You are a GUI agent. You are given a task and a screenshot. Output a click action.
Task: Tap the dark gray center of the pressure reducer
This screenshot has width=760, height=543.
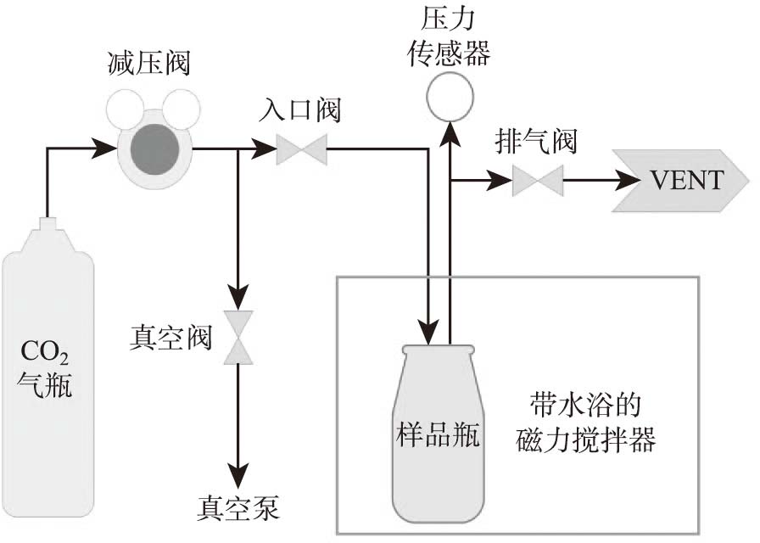[154, 150]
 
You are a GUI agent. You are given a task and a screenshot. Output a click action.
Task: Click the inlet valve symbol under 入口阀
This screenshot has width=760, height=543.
[301, 151]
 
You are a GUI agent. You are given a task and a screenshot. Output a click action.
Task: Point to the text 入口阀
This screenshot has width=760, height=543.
[302, 111]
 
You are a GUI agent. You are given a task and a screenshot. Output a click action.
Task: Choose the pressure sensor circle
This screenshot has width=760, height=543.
[450, 97]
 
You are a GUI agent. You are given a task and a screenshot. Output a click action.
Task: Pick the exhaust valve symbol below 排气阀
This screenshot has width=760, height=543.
[538, 180]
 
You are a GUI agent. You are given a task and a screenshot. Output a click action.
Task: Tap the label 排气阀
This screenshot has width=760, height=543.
[536, 141]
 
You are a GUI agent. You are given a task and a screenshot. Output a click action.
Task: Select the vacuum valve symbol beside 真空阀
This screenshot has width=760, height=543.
[238, 338]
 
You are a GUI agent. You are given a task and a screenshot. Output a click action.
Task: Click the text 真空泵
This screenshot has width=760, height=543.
[238, 508]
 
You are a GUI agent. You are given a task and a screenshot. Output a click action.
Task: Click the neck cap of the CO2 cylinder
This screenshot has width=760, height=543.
[47, 225]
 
